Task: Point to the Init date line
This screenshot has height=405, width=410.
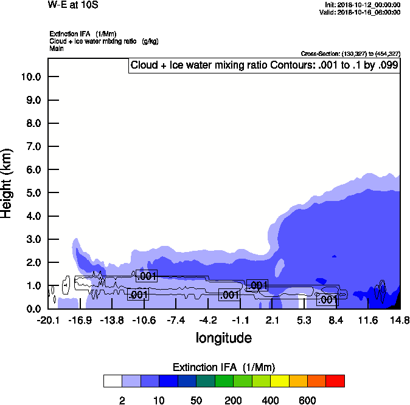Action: click(363, 4)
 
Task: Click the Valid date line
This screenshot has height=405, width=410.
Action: click(360, 12)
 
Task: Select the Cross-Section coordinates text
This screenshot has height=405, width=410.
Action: click(350, 54)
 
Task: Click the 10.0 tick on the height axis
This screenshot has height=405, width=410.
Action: click(31, 77)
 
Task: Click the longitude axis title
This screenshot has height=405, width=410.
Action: click(224, 338)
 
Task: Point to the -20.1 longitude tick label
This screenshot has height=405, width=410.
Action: click(48, 319)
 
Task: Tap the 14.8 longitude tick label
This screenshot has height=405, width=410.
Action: click(400, 319)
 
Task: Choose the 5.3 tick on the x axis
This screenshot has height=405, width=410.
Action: click(304, 319)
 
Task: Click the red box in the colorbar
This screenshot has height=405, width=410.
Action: click(335, 381)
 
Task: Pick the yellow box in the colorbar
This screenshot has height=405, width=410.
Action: click(279, 381)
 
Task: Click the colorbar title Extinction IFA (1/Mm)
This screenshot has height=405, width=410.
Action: click(224, 367)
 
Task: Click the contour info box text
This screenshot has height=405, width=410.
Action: click(265, 66)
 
